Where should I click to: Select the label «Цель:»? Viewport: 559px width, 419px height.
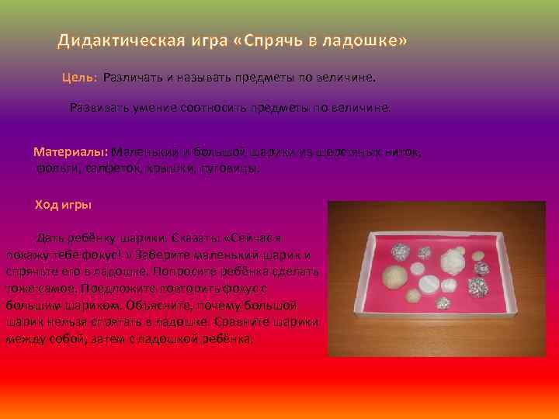coord(79,78)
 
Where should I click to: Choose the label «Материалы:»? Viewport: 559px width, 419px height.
coord(72,151)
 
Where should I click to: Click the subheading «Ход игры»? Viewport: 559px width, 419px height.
coord(64,205)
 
